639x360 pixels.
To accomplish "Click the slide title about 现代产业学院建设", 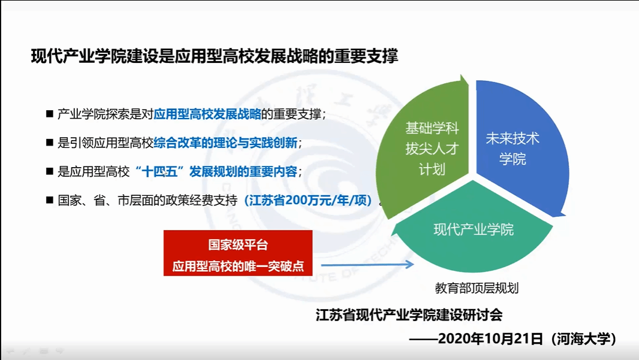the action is (x=215, y=56).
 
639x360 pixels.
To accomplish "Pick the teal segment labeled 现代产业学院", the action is (x=473, y=230).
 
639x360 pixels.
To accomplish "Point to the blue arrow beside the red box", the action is (x=367, y=265).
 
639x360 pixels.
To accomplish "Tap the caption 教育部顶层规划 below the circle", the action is (x=477, y=288).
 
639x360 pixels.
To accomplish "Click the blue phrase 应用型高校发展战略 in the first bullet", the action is (x=207, y=114).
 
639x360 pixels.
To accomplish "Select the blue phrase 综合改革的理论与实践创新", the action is (x=225, y=143).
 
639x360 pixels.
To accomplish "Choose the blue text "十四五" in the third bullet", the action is (x=159, y=171).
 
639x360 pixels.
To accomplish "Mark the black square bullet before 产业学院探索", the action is (x=50, y=114).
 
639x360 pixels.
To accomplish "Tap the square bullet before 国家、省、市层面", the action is (x=50, y=200).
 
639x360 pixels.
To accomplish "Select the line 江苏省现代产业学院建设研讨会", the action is (x=409, y=315).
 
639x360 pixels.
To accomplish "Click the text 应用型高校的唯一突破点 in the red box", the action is (x=238, y=266).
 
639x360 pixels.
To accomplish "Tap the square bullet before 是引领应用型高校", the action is (x=50, y=143).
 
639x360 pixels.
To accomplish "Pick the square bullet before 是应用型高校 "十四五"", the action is (x=50, y=171).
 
